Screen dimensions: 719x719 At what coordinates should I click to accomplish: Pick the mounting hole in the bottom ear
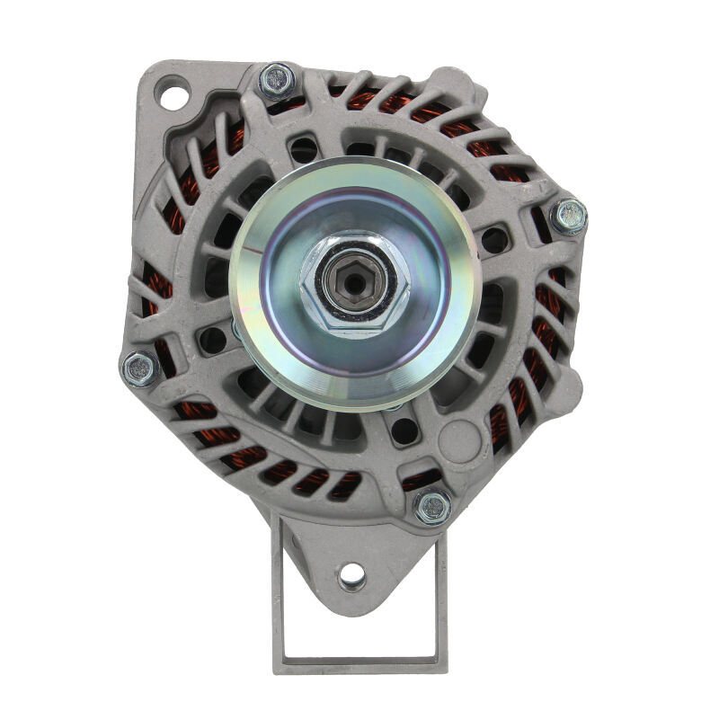(x=352, y=573)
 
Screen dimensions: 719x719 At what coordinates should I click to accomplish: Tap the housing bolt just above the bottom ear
(x=432, y=507)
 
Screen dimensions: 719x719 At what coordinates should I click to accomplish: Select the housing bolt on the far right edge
(x=568, y=216)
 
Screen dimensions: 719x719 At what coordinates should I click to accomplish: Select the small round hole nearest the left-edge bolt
(x=212, y=339)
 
